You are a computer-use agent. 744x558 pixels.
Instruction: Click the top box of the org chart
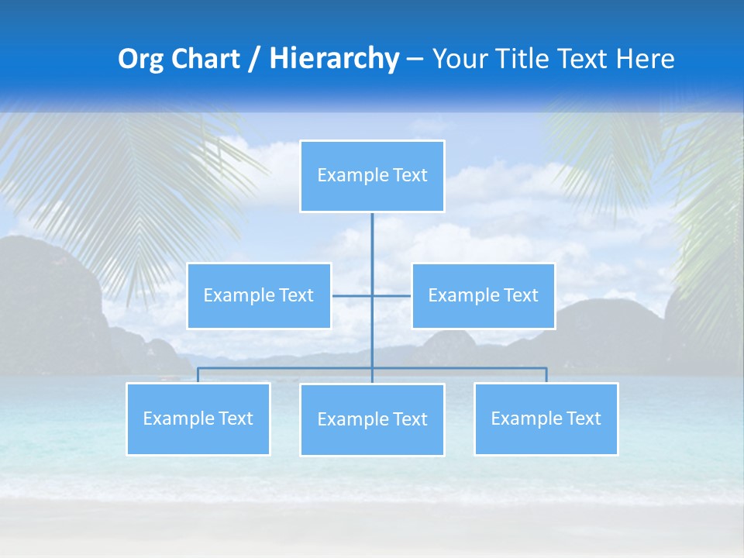tap(372, 176)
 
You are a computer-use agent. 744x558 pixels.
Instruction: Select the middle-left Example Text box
tap(259, 295)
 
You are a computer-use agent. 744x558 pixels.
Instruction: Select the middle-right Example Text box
tap(483, 295)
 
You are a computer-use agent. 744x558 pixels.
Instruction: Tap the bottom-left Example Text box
tap(198, 418)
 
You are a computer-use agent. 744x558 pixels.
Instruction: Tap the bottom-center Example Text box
tap(372, 419)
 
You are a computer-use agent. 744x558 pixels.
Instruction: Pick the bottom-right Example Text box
tap(546, 418)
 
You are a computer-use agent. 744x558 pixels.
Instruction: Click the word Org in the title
tap(139, 59)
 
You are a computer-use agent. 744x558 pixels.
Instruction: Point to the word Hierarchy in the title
tap(333, 59)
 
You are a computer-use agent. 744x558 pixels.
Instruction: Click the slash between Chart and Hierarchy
tap(255, 59)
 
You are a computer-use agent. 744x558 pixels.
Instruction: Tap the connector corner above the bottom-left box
tap(198, 369)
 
